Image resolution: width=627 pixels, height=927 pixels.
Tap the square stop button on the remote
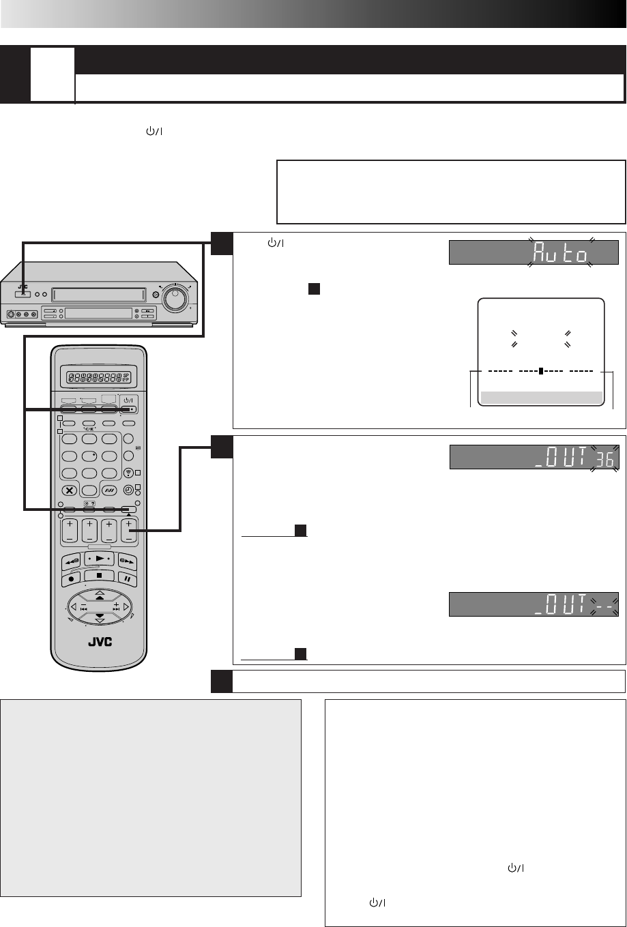tap(100, 575)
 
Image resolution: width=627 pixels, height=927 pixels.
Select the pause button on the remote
tap(128, 576)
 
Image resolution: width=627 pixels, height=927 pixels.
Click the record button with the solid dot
tap(71, 576)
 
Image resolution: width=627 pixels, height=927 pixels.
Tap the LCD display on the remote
tap(99, 376)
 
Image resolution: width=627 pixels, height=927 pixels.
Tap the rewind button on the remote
tap(72, 561)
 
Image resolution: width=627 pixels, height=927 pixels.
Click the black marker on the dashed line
tap(540, 372)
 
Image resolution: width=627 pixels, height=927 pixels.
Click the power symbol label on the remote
tap(128, 400)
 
